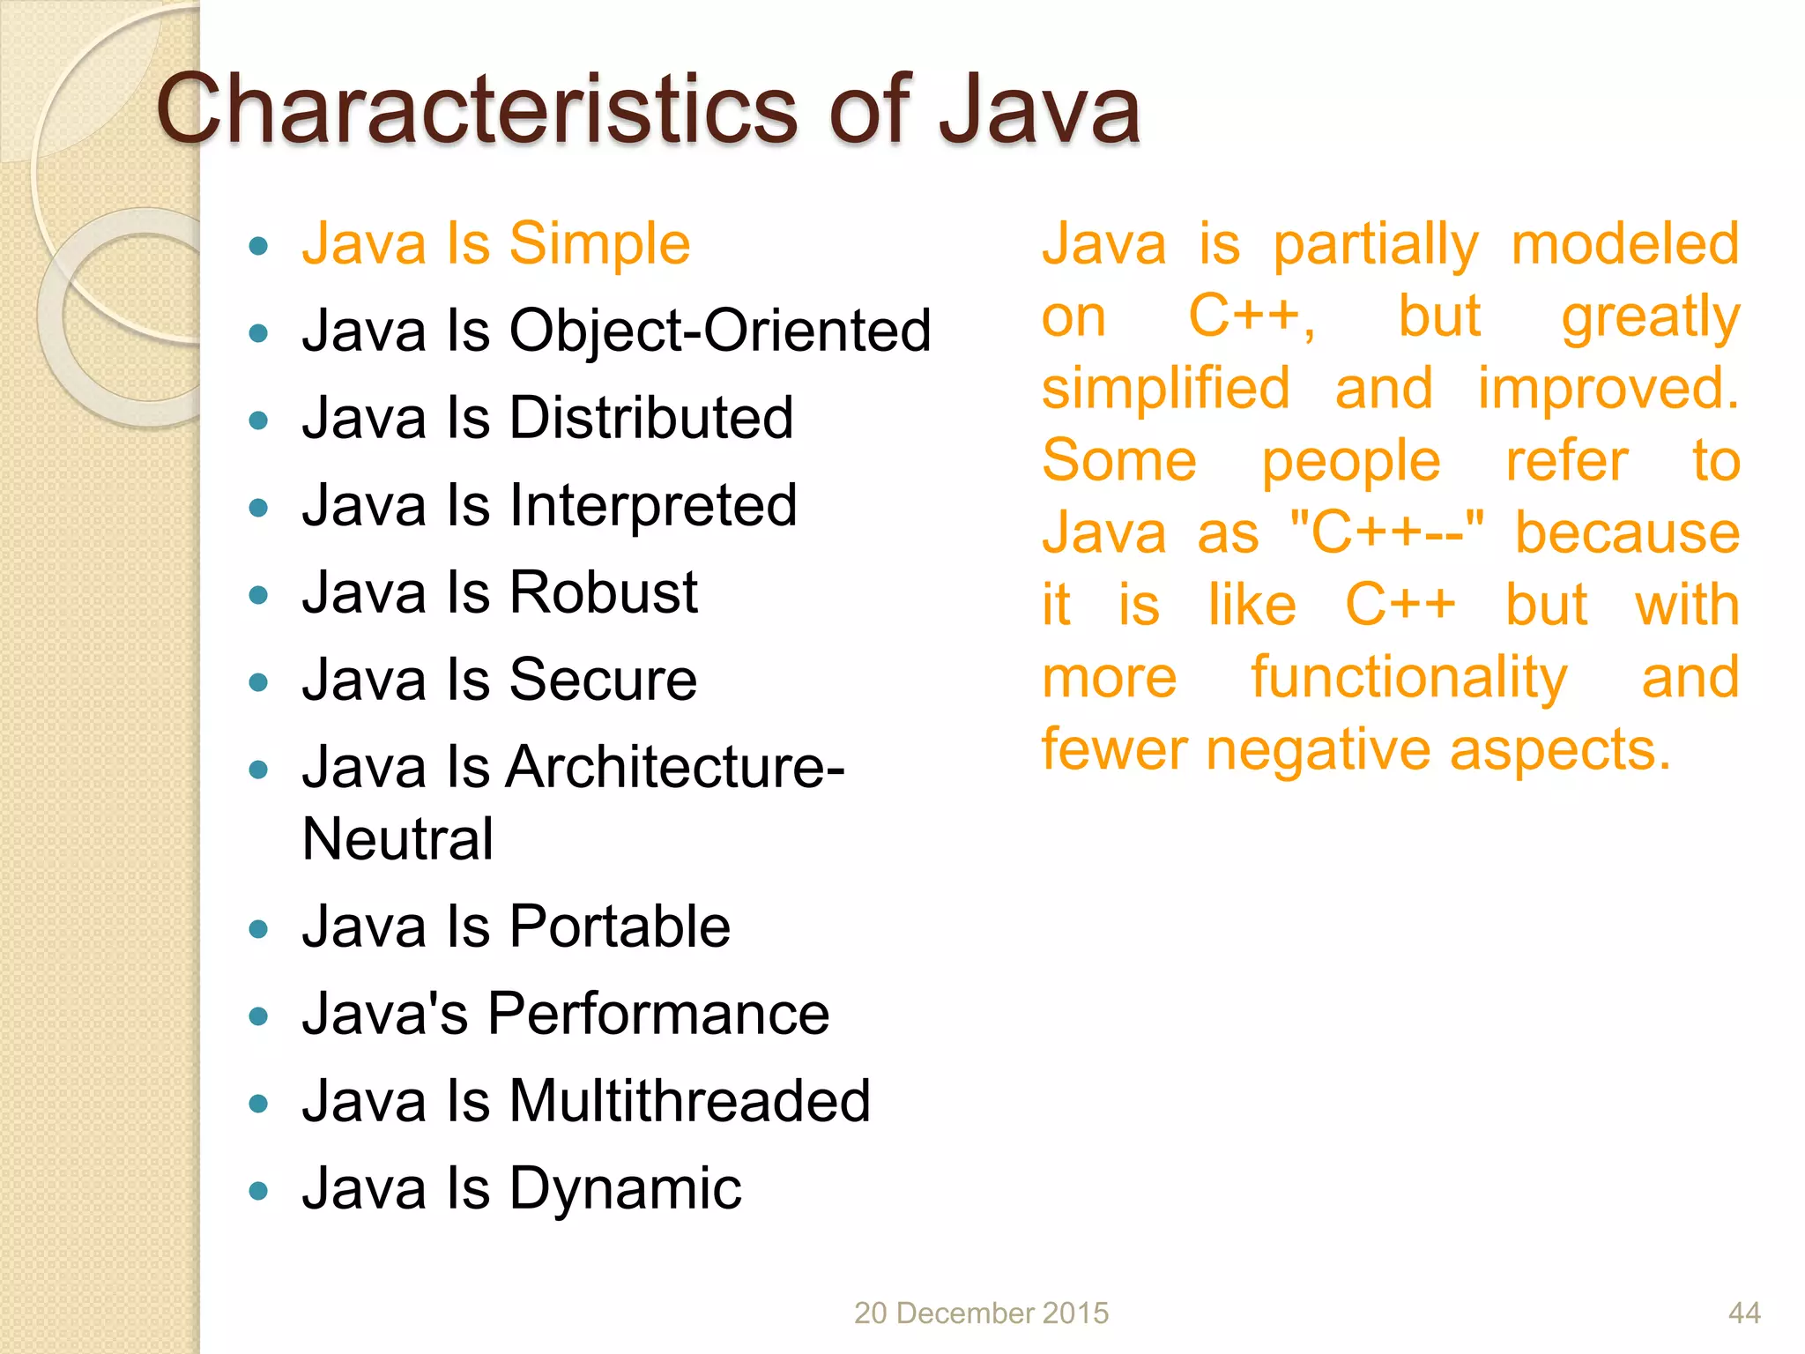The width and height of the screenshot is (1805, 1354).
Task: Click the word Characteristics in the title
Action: tap(476, 110)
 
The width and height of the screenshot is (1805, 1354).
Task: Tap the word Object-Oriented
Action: tap(720, 331)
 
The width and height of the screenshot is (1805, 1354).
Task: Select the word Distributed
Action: tap(651, 418)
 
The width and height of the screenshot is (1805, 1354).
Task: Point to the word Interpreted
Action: tap(653, 506)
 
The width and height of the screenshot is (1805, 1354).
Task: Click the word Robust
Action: tap(604, 592)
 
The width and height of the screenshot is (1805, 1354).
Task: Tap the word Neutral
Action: tap(397, 839)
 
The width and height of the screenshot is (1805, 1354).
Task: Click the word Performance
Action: tap(657, 1014)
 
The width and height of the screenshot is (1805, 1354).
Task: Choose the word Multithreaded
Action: tap(690, 1101)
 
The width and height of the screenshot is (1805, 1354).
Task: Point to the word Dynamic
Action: tap(625, 1189)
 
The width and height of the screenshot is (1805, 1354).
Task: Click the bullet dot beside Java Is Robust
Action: tap(258, 596)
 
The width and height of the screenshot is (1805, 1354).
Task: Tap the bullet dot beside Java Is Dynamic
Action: tap(258, 1192)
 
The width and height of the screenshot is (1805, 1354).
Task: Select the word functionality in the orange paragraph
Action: tap(1409, 678)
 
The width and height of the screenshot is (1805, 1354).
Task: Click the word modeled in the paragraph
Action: tap(1625, 244)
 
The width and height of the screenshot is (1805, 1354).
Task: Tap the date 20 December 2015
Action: tap(981, 1313)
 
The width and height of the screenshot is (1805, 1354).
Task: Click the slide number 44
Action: tap(1744, 1313)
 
